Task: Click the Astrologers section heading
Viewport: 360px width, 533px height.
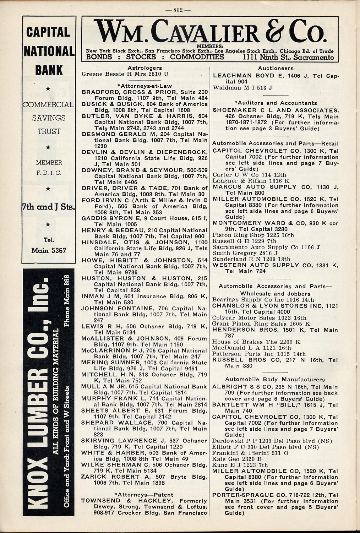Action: [144, 68]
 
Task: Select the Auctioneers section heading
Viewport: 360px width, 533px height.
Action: [276, 68]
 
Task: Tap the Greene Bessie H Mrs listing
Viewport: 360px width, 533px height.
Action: [125, 74]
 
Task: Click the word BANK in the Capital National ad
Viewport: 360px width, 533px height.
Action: [49, 70]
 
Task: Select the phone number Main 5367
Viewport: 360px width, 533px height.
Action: [49, 250]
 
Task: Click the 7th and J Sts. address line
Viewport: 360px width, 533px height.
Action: [49, 207]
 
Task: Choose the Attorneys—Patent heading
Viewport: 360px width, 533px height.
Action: [144, 494]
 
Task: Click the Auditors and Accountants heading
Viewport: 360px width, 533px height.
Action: [276, 103]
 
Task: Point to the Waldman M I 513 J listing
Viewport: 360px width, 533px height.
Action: [242, 88]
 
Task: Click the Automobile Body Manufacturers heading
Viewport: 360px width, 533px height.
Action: [275, 379]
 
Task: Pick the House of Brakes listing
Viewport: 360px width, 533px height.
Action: [256, 342]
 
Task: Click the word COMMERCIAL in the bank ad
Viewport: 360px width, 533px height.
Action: [48, 105]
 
